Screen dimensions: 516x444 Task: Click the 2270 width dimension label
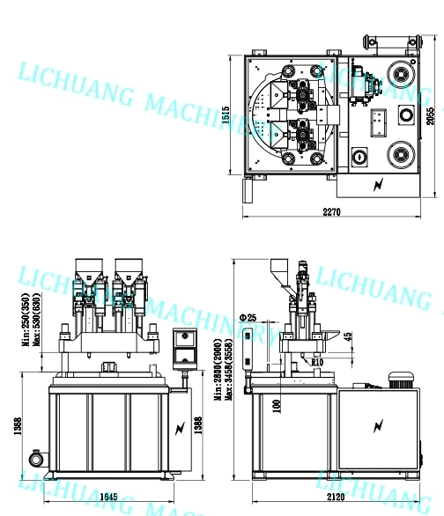tap(331, 211)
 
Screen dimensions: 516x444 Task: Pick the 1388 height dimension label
tap(198, 426)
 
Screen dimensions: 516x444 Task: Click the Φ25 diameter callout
tap(247, 317)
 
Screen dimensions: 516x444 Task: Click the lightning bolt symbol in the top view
tap(380, 185)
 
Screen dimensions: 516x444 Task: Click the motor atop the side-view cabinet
tap(402, 378)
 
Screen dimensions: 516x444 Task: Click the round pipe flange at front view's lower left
tap(37, 459)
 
